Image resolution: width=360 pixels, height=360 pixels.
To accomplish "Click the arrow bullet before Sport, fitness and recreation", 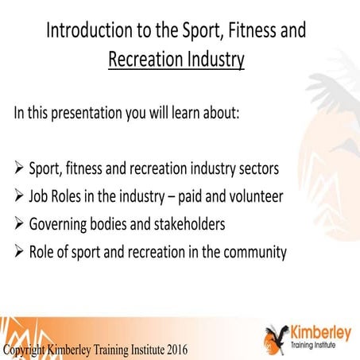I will coord(19,169).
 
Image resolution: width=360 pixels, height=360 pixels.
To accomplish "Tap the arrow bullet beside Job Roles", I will coord(19,197).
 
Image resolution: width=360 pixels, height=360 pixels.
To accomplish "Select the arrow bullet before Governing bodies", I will coord(19,225).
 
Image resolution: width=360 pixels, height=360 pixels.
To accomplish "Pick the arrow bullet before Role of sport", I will coord(19,253).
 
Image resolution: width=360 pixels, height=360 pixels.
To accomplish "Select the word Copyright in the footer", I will coord(26,350).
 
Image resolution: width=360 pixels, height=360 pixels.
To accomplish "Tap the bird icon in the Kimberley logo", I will coord(278,336).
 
